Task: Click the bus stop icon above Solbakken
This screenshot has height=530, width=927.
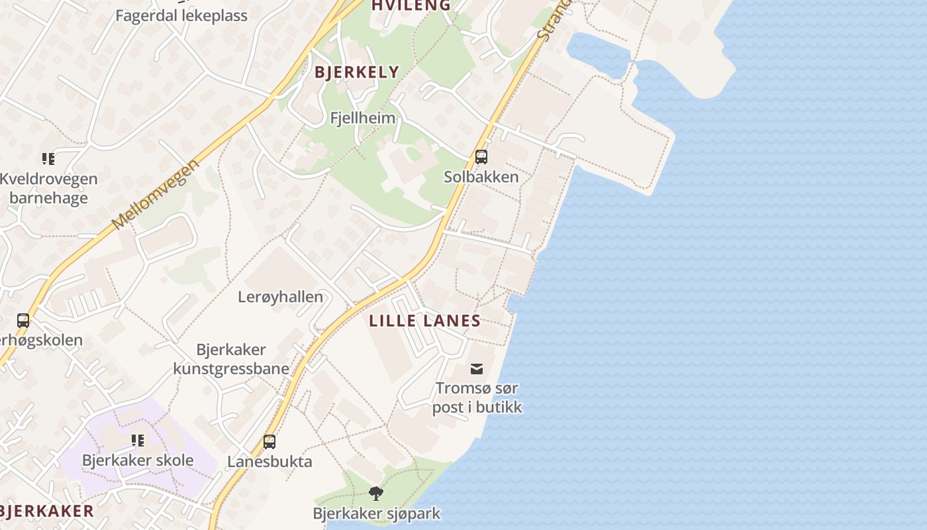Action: point(481,157)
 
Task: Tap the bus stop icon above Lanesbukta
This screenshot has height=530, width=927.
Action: point(269,441)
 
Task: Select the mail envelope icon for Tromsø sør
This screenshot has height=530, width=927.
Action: point(477,369)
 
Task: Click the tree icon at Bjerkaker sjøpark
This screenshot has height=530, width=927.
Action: point(376,493)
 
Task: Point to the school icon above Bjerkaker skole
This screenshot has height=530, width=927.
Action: point(138,441)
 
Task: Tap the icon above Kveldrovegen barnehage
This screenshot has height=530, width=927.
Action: point(48,158)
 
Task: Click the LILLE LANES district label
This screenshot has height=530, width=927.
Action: point(424,321)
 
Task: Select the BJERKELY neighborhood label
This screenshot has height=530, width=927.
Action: point(357,72)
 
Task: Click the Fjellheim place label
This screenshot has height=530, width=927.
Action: point(363,119)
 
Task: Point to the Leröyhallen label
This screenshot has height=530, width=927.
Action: point(281,297)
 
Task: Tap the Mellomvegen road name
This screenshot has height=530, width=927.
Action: point(156,194)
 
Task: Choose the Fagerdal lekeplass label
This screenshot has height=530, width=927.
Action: point(181,16)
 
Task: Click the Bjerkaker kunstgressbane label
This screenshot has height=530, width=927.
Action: point(231,359)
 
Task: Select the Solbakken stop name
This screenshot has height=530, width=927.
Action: point(481,177)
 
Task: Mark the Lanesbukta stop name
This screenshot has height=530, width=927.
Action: point(269,461)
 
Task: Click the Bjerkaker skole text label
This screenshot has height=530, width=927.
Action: point(138,460)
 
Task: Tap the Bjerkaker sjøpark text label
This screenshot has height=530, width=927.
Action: point(376,513)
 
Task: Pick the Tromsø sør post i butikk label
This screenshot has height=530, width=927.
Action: point(477,397)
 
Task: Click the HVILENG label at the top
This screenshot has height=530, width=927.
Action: point(411,5)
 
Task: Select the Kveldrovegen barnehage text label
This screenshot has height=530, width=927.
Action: point(48,188)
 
